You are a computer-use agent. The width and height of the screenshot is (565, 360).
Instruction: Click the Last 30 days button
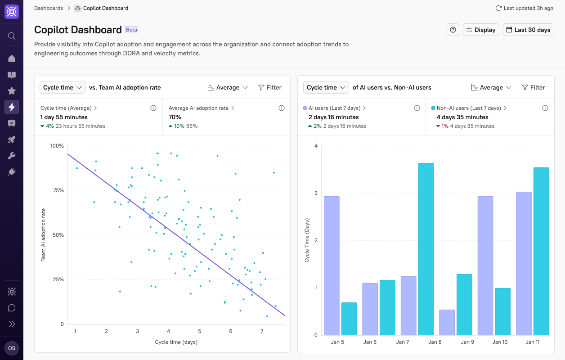(528, 30)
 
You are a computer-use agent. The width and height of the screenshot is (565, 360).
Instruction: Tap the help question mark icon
(453, 30)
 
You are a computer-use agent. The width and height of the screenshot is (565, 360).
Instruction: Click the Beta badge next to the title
(131, 30)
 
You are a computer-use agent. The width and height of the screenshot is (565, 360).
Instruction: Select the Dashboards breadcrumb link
(49, 8)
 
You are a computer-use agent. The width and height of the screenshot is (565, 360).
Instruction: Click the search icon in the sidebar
(12, 36)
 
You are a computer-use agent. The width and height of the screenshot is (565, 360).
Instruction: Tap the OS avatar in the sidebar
(12, 348)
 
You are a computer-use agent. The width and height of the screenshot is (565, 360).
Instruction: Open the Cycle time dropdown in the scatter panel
(63, 87)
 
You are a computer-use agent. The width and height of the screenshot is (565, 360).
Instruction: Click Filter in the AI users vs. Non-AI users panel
(534, 87)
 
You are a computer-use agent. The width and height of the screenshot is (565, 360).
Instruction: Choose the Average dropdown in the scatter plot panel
(228, 87)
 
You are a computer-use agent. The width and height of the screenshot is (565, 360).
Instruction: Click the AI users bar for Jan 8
(447, 322)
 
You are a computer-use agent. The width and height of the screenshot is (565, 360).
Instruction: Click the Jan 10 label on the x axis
(500, 342)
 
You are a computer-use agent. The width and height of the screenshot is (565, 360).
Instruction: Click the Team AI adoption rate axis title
(44, 234)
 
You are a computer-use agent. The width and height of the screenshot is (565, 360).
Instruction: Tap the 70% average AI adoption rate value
(175, 117)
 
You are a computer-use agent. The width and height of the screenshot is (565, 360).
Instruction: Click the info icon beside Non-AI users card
(545, 108)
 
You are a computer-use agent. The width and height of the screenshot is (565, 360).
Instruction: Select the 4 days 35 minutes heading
(462, 117)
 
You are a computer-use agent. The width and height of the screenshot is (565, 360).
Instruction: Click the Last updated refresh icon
(498, 8)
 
